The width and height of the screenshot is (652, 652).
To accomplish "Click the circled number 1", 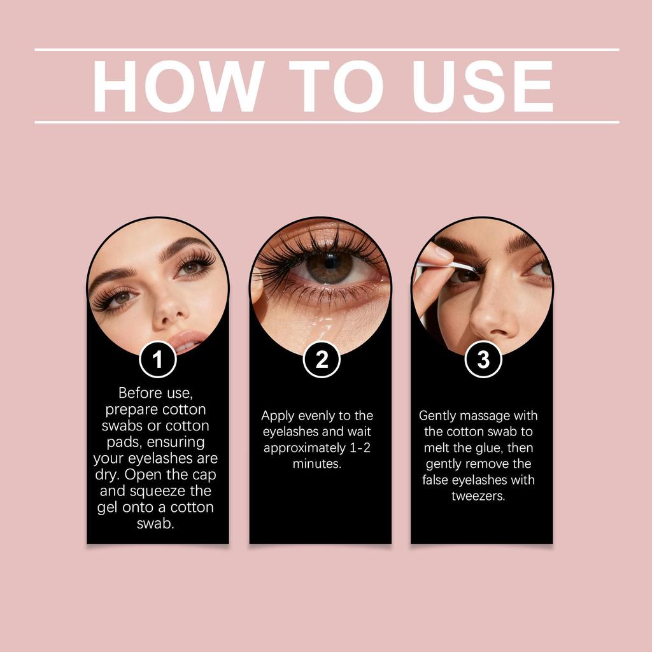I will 157,360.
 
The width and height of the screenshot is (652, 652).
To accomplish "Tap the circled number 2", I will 322,360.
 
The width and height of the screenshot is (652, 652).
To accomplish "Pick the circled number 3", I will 483,360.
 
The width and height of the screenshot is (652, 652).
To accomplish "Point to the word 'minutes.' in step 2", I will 317,464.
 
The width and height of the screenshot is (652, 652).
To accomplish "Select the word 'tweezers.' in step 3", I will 478,496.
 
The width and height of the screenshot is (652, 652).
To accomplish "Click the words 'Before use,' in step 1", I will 155,393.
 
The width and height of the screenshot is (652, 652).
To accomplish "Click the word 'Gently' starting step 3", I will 437,416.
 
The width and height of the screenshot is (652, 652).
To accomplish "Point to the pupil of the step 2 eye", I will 330,261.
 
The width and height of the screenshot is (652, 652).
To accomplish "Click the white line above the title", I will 326,49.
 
